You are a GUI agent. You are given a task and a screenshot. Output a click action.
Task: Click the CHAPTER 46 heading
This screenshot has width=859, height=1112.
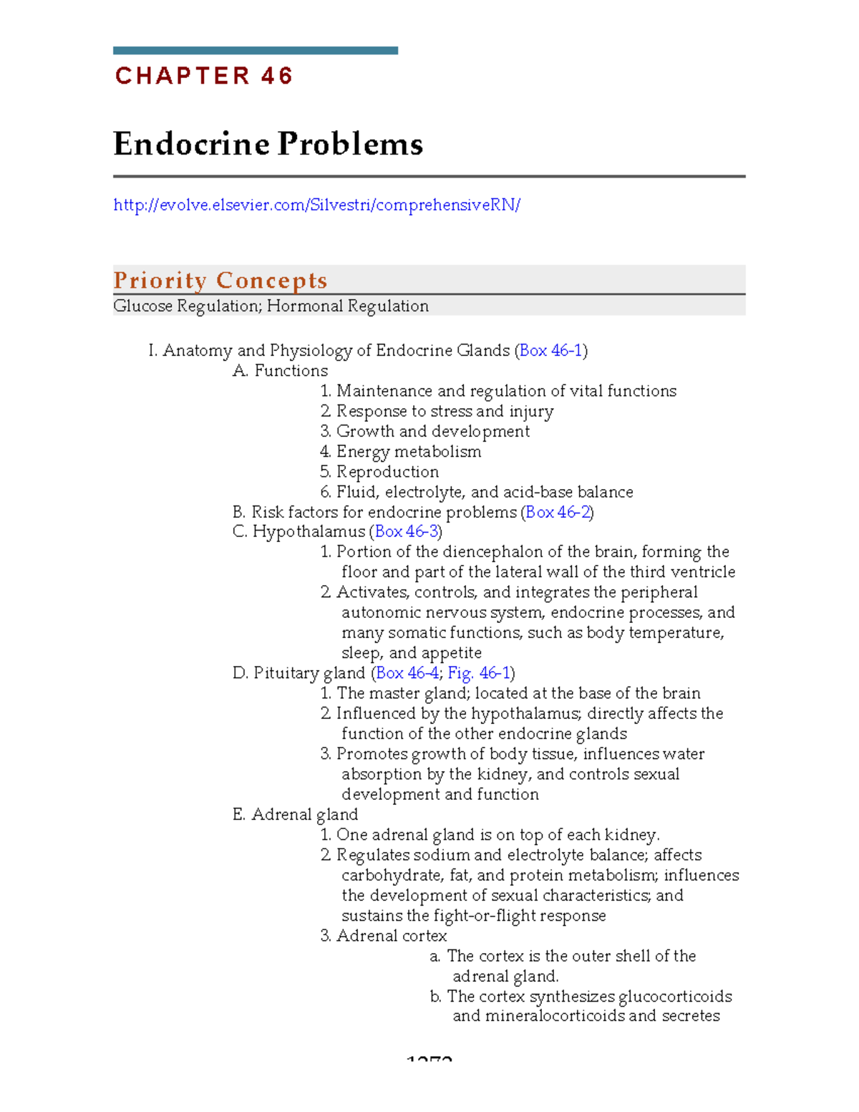click(204, 76)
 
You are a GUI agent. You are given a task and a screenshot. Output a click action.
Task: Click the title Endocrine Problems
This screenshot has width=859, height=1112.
click(268, 144)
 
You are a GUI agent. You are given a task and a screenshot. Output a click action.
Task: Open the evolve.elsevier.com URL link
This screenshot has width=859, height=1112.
click(316, 205)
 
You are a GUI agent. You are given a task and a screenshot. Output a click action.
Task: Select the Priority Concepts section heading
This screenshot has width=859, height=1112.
click(220, 280)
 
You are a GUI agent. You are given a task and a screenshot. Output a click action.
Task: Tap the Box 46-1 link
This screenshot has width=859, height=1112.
click(550, 351)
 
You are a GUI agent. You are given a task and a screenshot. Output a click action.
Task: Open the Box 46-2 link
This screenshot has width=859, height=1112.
click(558, 513)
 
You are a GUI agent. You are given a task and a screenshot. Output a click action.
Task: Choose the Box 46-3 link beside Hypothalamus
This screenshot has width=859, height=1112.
click(406, 532)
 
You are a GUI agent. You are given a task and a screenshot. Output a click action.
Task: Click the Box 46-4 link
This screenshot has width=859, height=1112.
click(407, 673)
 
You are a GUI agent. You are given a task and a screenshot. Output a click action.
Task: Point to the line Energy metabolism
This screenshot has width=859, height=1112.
click(408, 452)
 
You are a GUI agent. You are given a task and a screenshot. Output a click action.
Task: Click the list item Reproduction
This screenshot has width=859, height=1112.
click(387, 472)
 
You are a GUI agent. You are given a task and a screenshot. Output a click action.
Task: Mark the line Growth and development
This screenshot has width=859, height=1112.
click(432, 432)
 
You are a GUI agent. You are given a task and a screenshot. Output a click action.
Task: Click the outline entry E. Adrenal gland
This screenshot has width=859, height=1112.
click(295, 815)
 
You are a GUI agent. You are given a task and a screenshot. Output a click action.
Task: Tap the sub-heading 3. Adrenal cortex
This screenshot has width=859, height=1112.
click(384, 936)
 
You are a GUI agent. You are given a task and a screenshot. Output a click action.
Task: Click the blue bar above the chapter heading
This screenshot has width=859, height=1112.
click(255, 51)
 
